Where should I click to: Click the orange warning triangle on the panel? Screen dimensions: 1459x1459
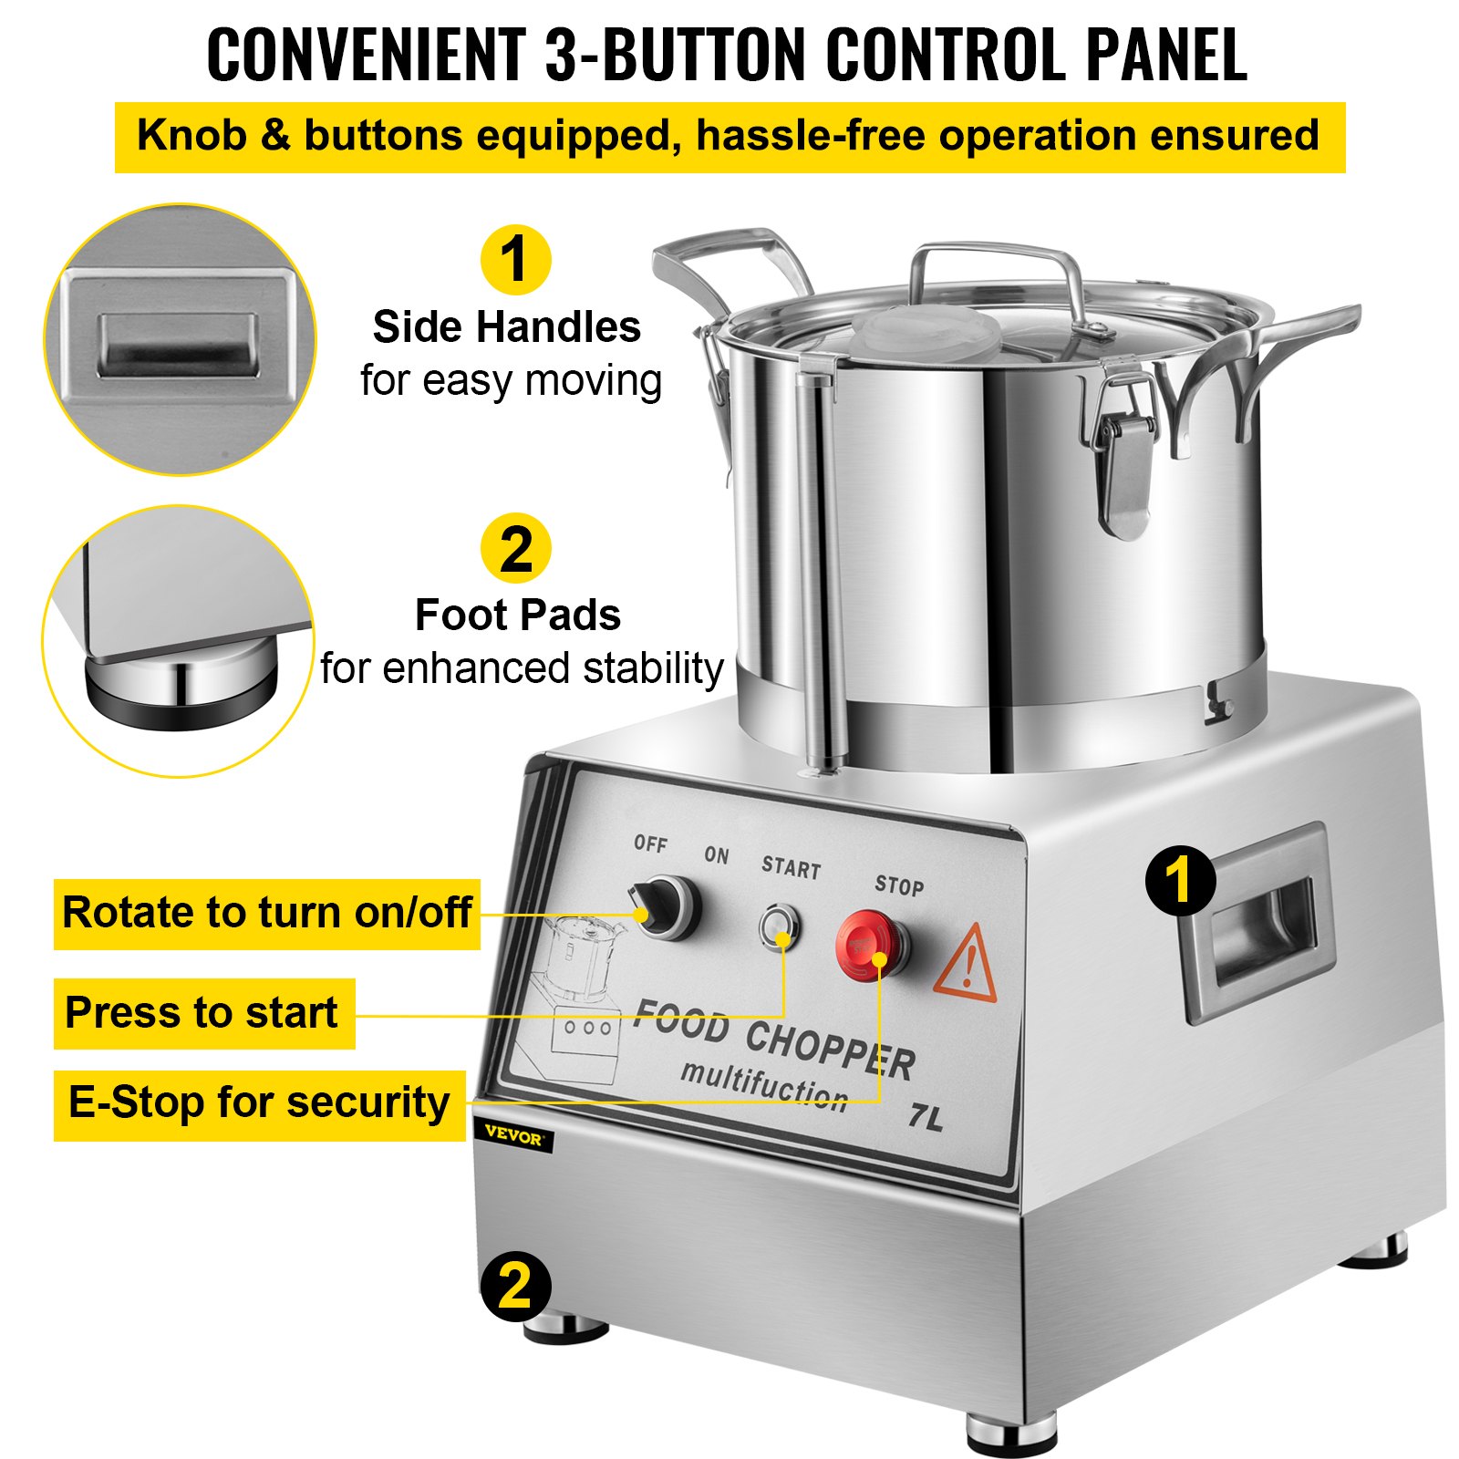[x=967, y=965]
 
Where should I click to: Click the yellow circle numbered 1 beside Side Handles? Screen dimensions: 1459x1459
[x=515, y=260]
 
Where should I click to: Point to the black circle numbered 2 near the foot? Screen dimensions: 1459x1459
[x=515, y=1286]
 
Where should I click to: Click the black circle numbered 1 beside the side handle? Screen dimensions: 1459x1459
[x=1180, y=881]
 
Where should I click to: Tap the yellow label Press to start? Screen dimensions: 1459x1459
[x=203, y=1013]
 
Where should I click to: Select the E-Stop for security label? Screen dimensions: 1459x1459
[x=259, y=1104]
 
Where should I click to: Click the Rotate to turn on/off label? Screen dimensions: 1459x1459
[x=266, y=913]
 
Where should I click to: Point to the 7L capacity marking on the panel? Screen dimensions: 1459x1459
[x=926, y=1116]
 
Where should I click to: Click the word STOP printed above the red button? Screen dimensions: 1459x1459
[x=899, y=885]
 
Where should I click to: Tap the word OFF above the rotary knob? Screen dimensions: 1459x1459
[x=650, y=843]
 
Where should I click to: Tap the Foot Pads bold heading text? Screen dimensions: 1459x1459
[x=517, y=616]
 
